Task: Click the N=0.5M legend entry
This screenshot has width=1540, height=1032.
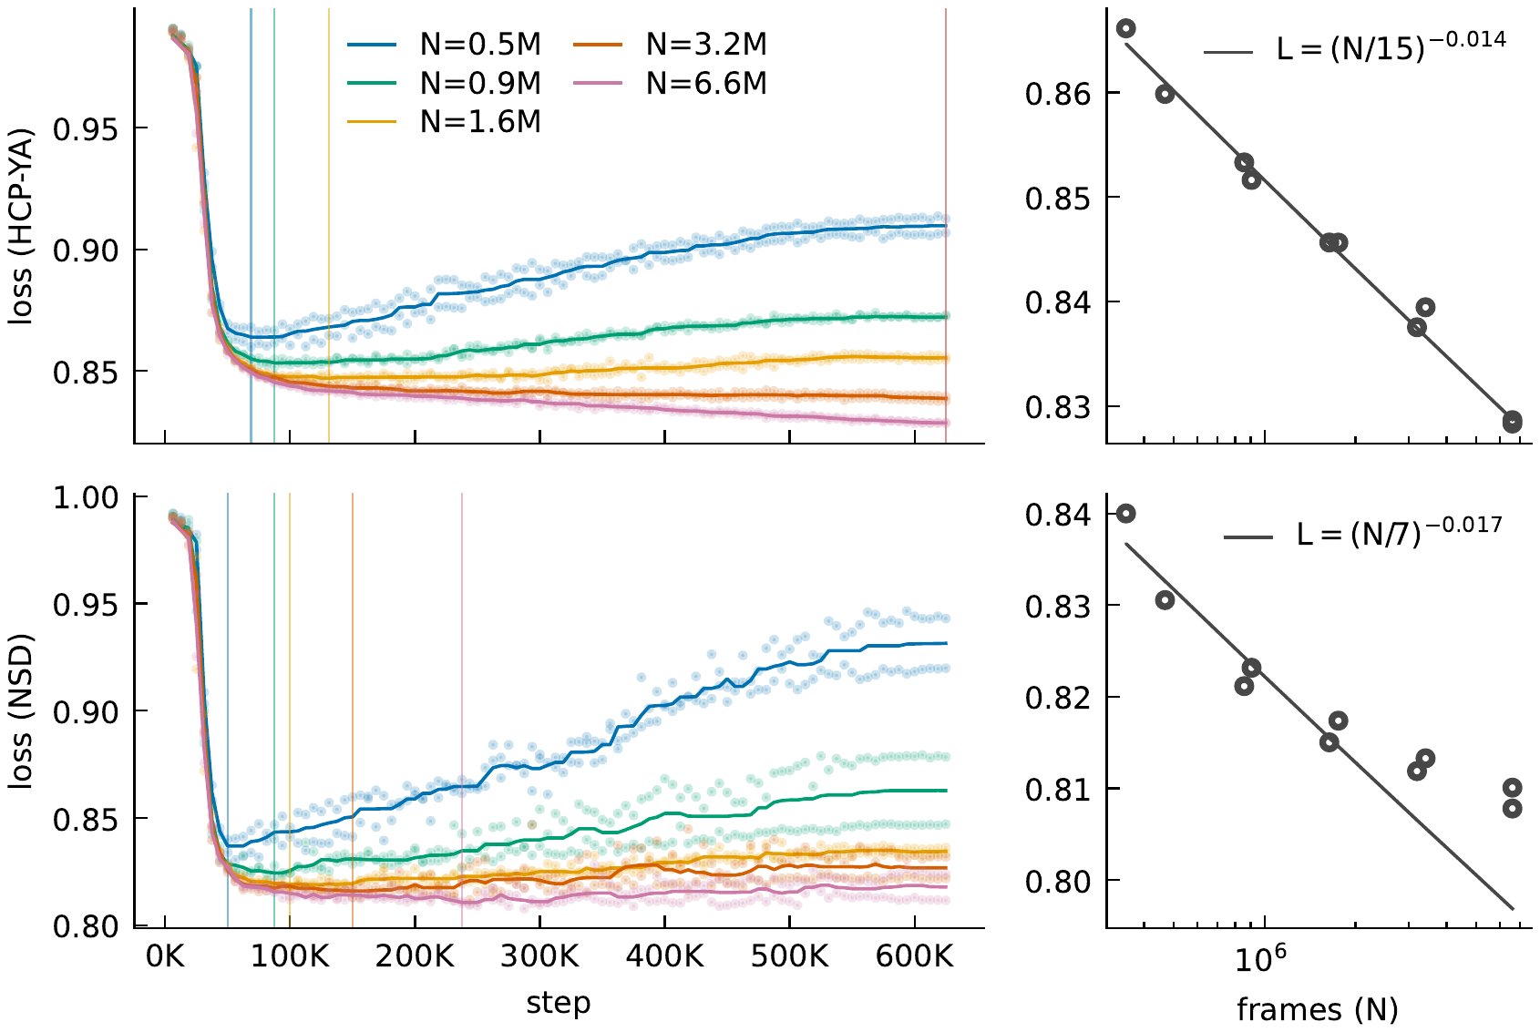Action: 444,45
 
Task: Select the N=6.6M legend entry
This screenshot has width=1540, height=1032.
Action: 670,83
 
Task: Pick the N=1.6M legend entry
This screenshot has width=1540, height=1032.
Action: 444,122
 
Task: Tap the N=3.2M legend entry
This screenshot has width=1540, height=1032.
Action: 670,45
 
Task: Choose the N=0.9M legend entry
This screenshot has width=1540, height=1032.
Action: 444,83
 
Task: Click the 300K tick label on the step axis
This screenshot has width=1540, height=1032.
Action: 539,955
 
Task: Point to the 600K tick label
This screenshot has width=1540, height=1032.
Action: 914,955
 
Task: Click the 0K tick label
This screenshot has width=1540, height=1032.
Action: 165,955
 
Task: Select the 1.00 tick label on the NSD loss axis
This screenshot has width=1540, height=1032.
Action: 86,497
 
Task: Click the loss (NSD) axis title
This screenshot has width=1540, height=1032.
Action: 21,710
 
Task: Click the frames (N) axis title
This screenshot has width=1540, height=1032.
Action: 1318,1010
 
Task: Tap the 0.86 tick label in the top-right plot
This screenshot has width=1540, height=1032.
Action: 1058,94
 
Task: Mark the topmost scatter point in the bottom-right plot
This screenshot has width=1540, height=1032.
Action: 1125,513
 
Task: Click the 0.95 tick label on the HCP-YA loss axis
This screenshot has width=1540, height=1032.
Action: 86,128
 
